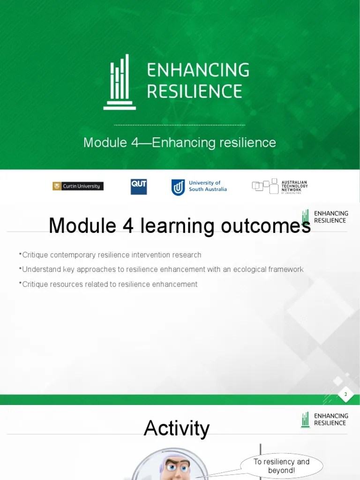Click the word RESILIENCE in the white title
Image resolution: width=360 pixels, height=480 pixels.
point(195,91)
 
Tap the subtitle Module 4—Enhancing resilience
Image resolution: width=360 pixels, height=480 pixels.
point(180,142)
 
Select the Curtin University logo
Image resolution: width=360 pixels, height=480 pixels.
point(78,186)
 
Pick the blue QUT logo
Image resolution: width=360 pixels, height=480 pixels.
point(139,187)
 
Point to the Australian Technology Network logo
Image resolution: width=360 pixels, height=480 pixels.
point(280,187)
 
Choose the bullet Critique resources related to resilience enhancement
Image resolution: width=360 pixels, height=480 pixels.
point(110,284)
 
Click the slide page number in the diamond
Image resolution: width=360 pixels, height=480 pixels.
point(345,394)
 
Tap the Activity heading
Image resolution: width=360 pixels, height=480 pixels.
point(176,428)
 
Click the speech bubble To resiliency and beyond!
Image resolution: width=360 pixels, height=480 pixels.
point(281,466)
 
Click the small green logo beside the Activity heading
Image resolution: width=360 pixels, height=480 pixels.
point(306,420)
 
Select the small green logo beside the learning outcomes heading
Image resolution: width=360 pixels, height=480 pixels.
point(306,217)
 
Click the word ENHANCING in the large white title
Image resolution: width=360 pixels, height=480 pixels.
point(198,70)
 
